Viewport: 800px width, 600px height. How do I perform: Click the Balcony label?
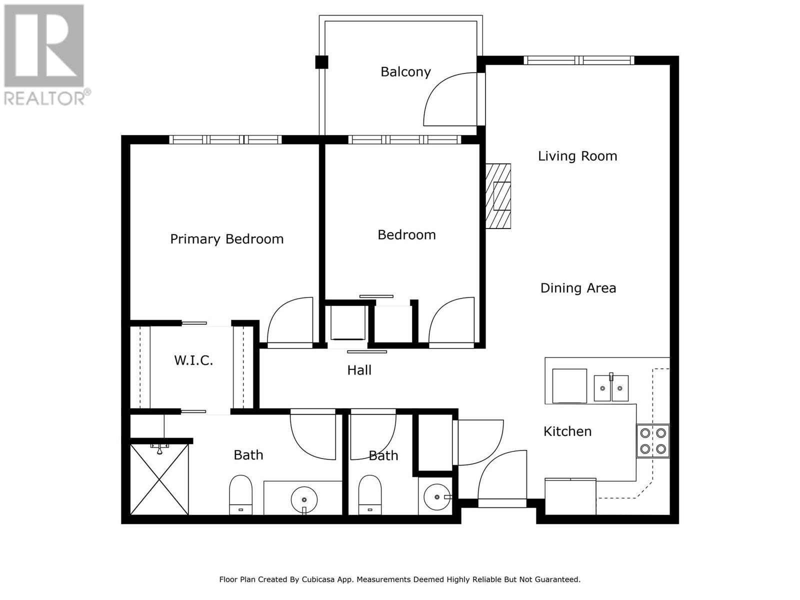405,72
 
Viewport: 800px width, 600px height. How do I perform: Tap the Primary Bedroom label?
226,239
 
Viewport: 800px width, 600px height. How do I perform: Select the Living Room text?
577,156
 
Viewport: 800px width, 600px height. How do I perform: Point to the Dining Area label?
578,288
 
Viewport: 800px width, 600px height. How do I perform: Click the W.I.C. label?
193,360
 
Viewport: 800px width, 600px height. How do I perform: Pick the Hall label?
359,370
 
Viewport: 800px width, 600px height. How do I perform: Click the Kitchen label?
567,431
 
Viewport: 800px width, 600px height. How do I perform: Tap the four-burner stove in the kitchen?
653,441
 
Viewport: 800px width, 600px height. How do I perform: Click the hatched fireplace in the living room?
498,196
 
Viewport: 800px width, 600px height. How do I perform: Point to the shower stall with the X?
159,479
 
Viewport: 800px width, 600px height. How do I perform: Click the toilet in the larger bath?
240,494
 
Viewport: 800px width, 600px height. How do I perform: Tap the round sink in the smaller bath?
437,497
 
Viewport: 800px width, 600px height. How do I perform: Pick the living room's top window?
579,60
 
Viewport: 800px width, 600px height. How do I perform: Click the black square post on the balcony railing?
321,62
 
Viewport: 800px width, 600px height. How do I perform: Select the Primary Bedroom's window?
225,139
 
